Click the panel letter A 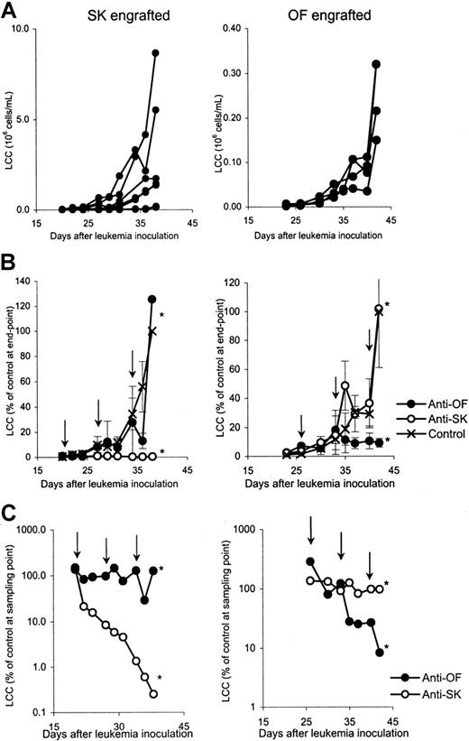pyautogui.click(x=10, y=12)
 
